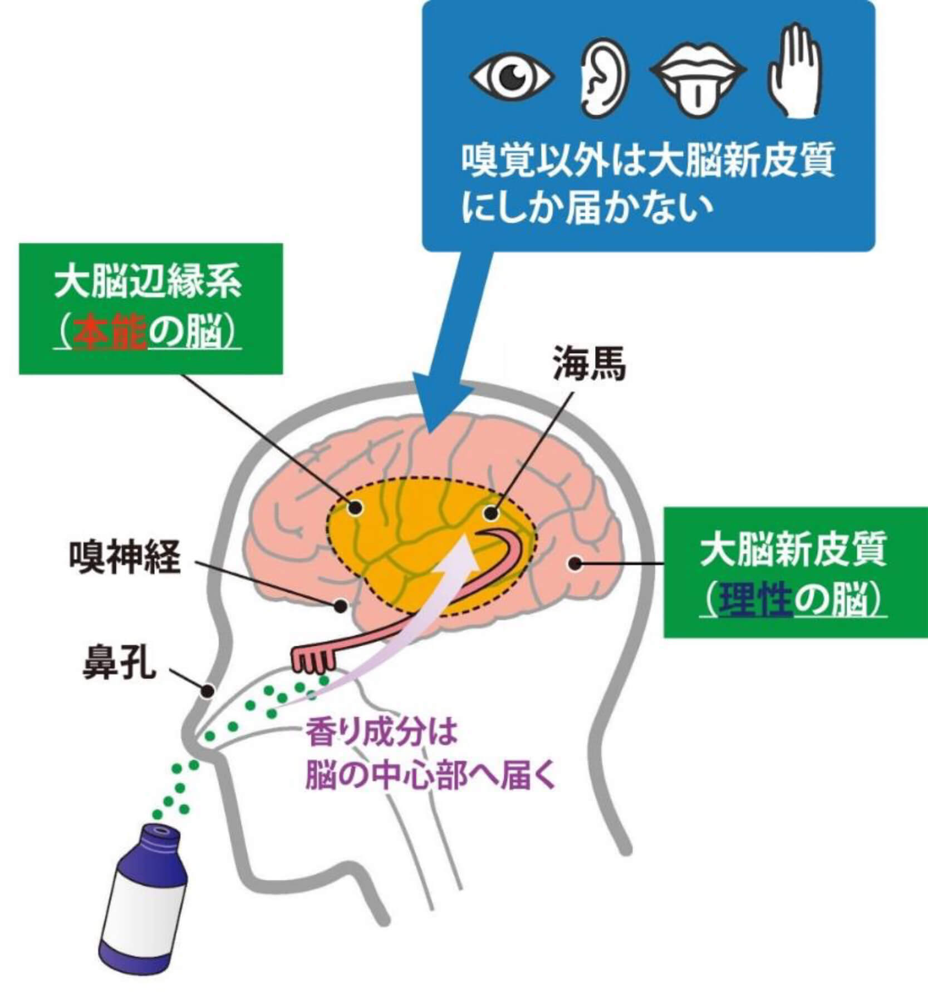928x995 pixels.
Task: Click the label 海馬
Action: click(589, 365)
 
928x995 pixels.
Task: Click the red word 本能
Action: click(110, 333)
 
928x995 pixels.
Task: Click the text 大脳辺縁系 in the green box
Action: click(148, 284)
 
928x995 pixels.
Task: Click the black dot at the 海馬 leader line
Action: click(490, 513)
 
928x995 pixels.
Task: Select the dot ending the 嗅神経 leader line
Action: click(341, 606)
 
